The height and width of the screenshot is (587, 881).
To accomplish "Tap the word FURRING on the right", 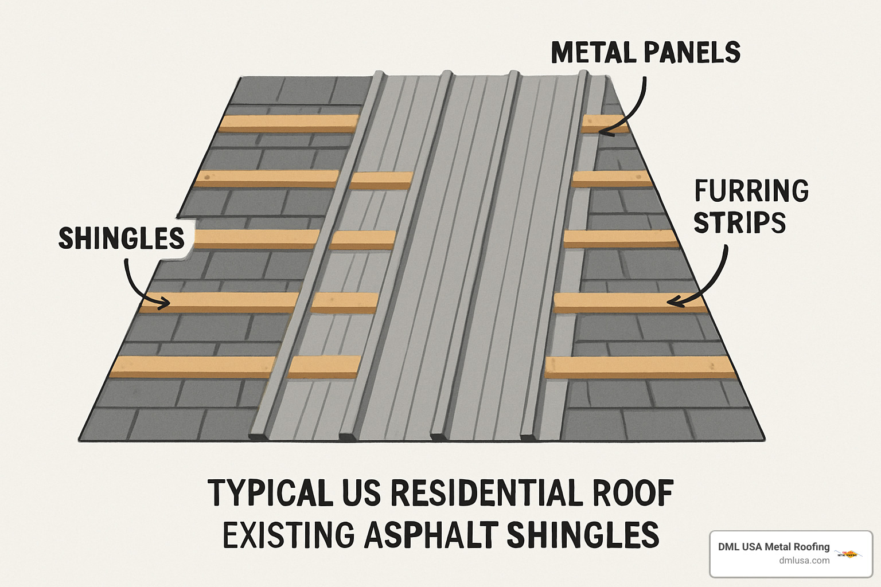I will click(751, 191).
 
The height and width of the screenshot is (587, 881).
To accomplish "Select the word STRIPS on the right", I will click(739, 223).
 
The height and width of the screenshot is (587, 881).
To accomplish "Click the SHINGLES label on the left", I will click(122, 238).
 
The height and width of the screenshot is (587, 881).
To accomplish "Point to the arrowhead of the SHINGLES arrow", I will click(166, 302).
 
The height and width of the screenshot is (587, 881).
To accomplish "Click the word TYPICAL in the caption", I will click(270, 494).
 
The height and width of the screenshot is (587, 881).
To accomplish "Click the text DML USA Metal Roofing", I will click(774, 547).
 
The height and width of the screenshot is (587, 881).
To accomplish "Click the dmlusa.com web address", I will click(804, 561).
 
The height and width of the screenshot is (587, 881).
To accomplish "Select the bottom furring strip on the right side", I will click(640, 367).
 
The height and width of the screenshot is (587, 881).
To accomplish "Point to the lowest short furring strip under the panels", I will click(324, 367).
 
